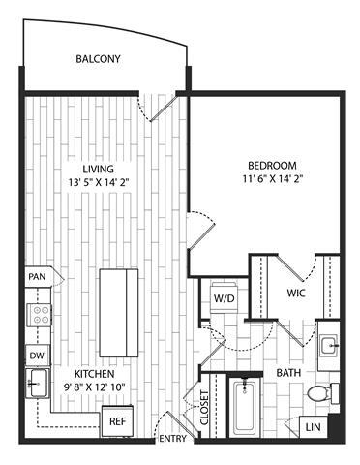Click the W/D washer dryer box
[224, 297]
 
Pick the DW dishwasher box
[37, 356]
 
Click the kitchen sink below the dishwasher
[38, 385]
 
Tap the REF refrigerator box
[116, 421]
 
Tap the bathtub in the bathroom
[248, 407]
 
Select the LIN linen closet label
[313, 425]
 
